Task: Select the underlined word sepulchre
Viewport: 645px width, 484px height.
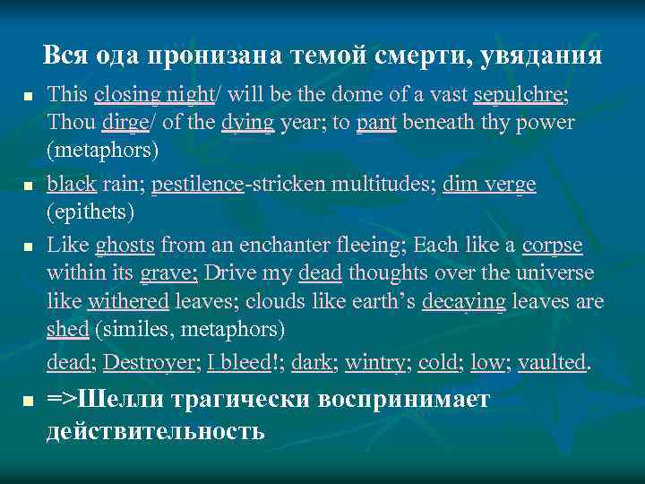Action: click(x=522, y=93)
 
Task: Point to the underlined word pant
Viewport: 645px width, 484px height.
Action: click(x=376, y=121)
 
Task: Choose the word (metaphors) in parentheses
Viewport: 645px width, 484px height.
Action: click(x=103, y=150)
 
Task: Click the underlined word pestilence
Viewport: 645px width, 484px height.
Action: click(x=197, y=185)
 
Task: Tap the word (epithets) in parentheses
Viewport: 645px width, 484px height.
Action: click(x=92, y=212)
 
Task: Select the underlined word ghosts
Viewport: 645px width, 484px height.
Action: click(x=125, y=246)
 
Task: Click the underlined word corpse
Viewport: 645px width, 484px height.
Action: click(x=552, y=246)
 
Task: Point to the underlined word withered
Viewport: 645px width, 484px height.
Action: click(x=126, y=302)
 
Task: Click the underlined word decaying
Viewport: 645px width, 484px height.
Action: click(x=463, y=302)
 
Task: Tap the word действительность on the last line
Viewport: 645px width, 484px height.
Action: click(x=155, y=430)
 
